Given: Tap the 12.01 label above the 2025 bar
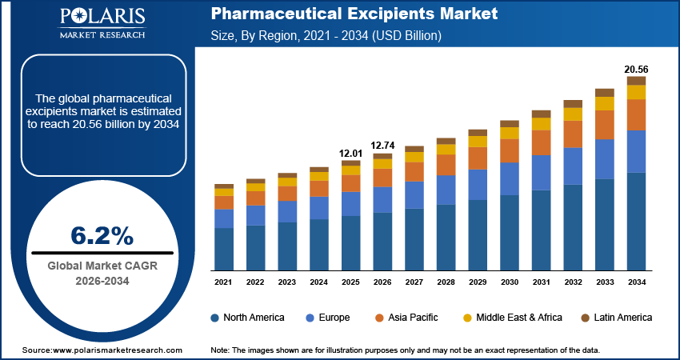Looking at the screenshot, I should click(x=351, y=153).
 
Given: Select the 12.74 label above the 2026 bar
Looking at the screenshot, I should click(x=382, y=146).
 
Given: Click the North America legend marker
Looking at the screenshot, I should click(x=215, y=318).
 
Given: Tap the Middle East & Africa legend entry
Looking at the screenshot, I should click(x=512, y=318).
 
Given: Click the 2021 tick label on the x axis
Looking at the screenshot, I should click(x=224, y=282).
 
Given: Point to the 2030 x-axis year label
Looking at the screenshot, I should click(x=510, y=282).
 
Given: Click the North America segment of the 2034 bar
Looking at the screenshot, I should click(x=636, y=222).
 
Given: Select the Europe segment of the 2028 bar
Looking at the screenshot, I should click(x=446, y=190).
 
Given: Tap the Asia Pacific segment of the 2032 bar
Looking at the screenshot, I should click(x=573, y=134).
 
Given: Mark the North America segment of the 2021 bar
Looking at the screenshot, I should click(x=224, y=249).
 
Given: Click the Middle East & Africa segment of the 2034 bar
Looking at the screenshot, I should click(x=636, y=92).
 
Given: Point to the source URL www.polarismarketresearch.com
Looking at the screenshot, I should click(x=102, y=350).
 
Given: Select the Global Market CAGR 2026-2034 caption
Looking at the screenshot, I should click(x=102, y=273).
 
